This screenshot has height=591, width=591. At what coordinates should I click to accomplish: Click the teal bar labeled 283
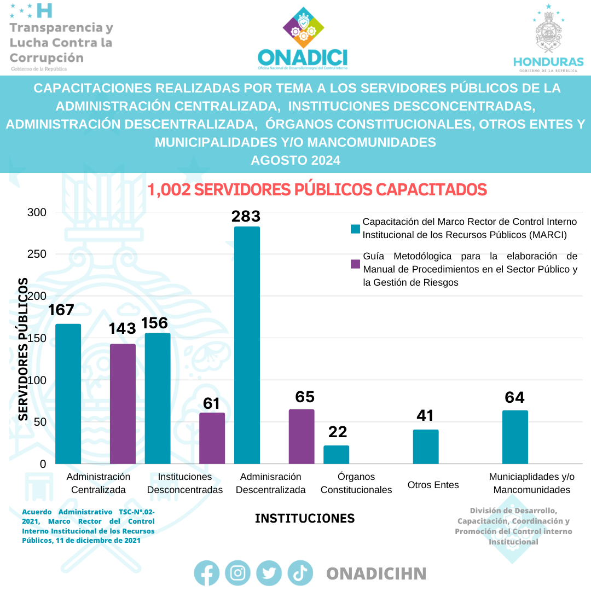(x=247, y=345)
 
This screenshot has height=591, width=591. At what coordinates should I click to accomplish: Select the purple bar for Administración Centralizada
(x=123, y=404)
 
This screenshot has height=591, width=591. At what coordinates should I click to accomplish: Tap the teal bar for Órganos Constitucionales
(x=336, y=455)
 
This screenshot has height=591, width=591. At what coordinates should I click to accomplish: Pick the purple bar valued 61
(x=212, y=438)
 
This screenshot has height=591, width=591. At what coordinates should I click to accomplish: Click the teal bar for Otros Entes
(x=426, y=447)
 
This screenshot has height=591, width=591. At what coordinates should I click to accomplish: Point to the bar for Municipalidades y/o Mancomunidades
(x=515, y=437)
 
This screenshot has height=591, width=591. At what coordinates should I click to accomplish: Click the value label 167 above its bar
(x=61, y=310)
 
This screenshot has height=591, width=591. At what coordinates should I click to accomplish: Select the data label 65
(x=305, y=397)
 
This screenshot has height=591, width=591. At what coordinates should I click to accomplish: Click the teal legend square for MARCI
(x=355, y=229)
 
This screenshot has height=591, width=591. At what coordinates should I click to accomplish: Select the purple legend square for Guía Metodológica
(x=355, y=264)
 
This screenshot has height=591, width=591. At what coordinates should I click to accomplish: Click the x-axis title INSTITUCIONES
(x=305, y=518)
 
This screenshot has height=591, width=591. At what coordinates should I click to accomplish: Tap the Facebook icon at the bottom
(x=207, y=573)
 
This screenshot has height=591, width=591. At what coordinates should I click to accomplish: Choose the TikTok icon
(x=300, y=573)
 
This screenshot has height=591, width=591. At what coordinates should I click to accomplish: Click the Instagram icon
(x=237, y=573)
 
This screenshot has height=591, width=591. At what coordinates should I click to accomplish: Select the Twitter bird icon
(x=269, y=573)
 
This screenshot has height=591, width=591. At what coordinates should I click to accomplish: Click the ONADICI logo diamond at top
(x=303, y=28)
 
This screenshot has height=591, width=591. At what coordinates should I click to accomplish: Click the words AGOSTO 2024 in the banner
(x=296, y=160)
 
